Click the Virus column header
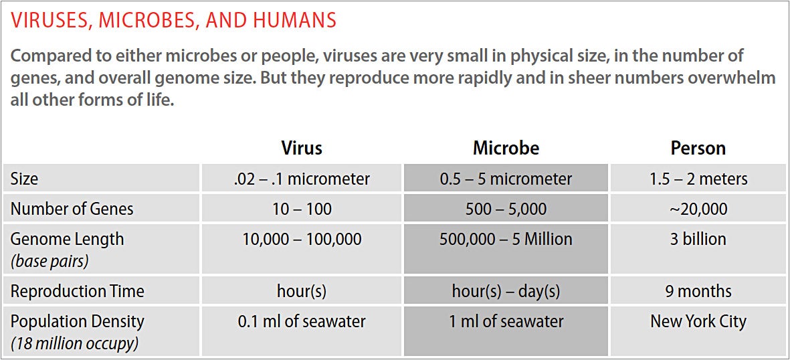[301, 148]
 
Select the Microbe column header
[506, 148]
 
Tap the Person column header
[698, 148]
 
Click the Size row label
[24, 179]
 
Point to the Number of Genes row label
[72, 209]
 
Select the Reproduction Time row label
[77, 291]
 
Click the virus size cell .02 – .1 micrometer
[302, 179]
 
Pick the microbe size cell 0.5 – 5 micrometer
[506, 179]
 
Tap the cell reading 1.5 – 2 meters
[698, 179]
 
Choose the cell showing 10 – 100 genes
[302, 209]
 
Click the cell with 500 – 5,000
[506, 209]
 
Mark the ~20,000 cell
[698, 209]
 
